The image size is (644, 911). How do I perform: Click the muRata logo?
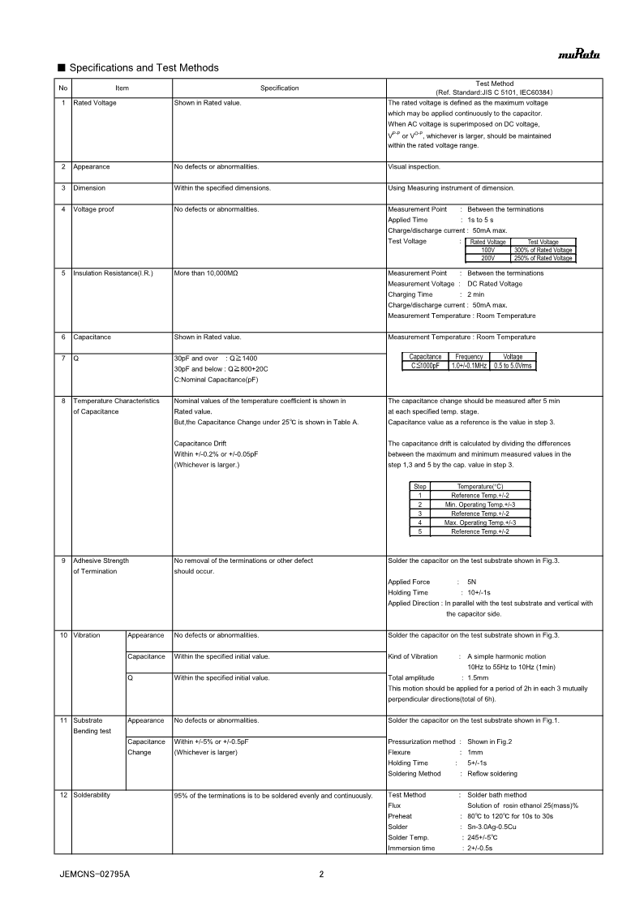(x=578, y=54)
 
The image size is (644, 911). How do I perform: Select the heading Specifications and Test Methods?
(x=144, y=67)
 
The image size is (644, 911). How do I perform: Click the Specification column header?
(x=279, y=88)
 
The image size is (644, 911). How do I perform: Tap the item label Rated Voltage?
(x=95, y=103)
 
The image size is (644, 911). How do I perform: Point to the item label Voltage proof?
(x=93, y=209)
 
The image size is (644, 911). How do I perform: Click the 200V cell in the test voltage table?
(x=487, y=258)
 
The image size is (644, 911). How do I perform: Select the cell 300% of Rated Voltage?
(x=543, y=250)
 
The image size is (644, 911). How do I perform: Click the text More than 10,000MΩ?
(x=206, y=273)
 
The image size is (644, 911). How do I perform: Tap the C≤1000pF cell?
(x=425, y=366)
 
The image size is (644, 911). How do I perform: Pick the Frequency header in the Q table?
(x=469, y=357)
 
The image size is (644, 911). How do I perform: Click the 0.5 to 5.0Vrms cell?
(x=513, y=366)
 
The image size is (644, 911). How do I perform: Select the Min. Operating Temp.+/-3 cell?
(x=480, y=505)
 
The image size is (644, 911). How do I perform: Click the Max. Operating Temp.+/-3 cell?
(x=480, y=522)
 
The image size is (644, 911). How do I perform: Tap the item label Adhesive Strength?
(x=101, y=561)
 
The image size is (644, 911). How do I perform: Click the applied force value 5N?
(x=472, y=582)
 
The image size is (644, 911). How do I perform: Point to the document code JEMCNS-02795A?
(x=95, y=874)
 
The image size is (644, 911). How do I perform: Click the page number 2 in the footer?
(x=321, y=874)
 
